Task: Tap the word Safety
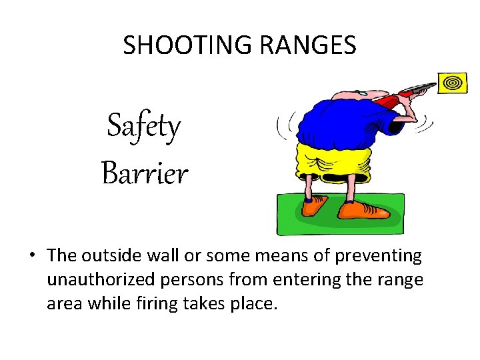point(144,126)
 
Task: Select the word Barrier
point(145,174)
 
